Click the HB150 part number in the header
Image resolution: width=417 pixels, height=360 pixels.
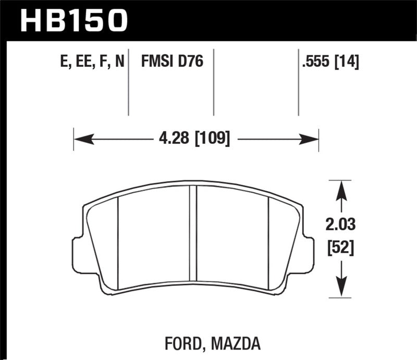pyautogui.click(x=73, y=20)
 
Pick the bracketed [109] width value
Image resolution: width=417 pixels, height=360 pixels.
pyautogui.click(x=211, y=139)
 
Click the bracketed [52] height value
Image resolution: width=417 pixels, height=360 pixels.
pyautogui.click(x=341, y=248)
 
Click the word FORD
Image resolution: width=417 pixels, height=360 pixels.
pyautogui.click(x=178, y=344)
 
